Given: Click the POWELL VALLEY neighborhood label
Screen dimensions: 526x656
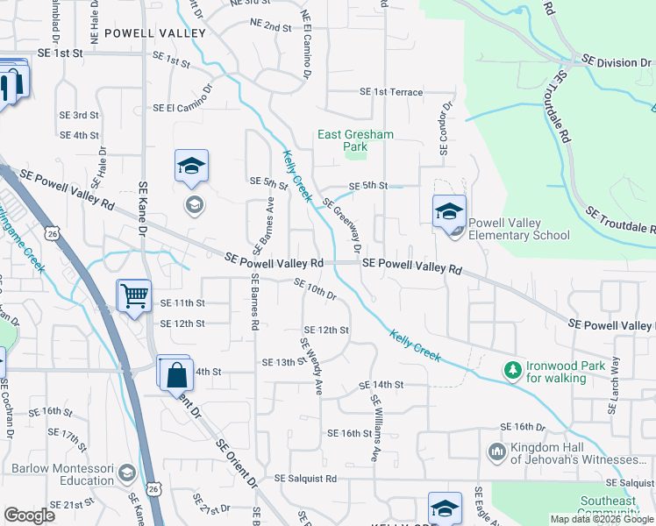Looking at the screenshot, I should tap(154, 33).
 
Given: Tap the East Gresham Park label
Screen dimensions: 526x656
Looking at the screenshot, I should tap(355, 140).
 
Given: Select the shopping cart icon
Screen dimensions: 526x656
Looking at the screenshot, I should tap(134, 295).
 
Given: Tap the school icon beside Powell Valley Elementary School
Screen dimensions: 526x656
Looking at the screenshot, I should tap(448, 211).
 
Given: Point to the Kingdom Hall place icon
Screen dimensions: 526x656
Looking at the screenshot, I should tap(496, 452).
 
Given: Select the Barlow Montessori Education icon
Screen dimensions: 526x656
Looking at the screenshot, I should tap(127, 473).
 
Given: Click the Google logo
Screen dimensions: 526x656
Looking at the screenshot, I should tap(30, 515).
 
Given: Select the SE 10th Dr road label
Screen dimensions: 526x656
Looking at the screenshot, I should tap(316, 289).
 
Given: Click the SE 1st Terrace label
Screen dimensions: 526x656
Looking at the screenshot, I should tap(391, 92).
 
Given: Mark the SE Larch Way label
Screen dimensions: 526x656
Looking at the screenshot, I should tap(614, 386).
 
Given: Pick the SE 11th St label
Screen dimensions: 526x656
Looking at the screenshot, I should tap(182, 303).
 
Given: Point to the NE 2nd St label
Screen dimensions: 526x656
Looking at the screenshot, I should tap(270, 27).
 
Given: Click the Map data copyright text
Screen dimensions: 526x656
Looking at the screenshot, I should tap(602, 519).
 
